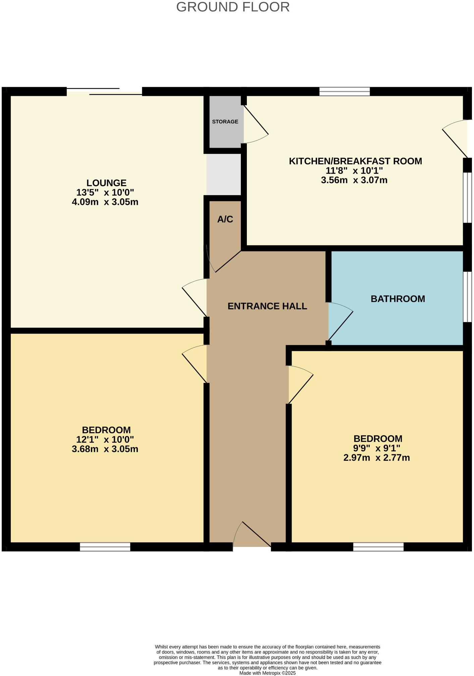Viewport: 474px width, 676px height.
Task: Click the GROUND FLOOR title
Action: (x=233, y=7)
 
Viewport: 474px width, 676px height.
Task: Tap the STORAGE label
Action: (x=225, y=122)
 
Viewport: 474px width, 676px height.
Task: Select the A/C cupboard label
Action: (x=225, y=219)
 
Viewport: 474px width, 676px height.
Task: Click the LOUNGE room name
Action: (x=106, y=183)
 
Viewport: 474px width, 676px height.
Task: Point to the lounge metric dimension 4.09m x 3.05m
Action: (x=105, y=202)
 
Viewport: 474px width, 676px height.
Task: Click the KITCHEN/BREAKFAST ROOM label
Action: (x=355, y=161)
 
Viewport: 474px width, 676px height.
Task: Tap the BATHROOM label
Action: (x=398, y=299)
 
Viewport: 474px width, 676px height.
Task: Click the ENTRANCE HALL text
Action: (x=267, y=306)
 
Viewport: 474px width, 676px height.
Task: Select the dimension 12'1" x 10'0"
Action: (x=105, y=439)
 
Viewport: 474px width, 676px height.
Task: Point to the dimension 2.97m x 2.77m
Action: (x=376, y=458)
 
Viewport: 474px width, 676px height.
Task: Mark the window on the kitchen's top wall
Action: (x=345, y=91)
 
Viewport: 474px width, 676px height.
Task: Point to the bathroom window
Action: (x=467, y=297)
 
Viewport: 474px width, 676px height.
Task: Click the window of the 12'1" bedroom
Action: (x=105, y=547)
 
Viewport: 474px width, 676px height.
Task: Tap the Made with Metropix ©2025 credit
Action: (x=267, y=673)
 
